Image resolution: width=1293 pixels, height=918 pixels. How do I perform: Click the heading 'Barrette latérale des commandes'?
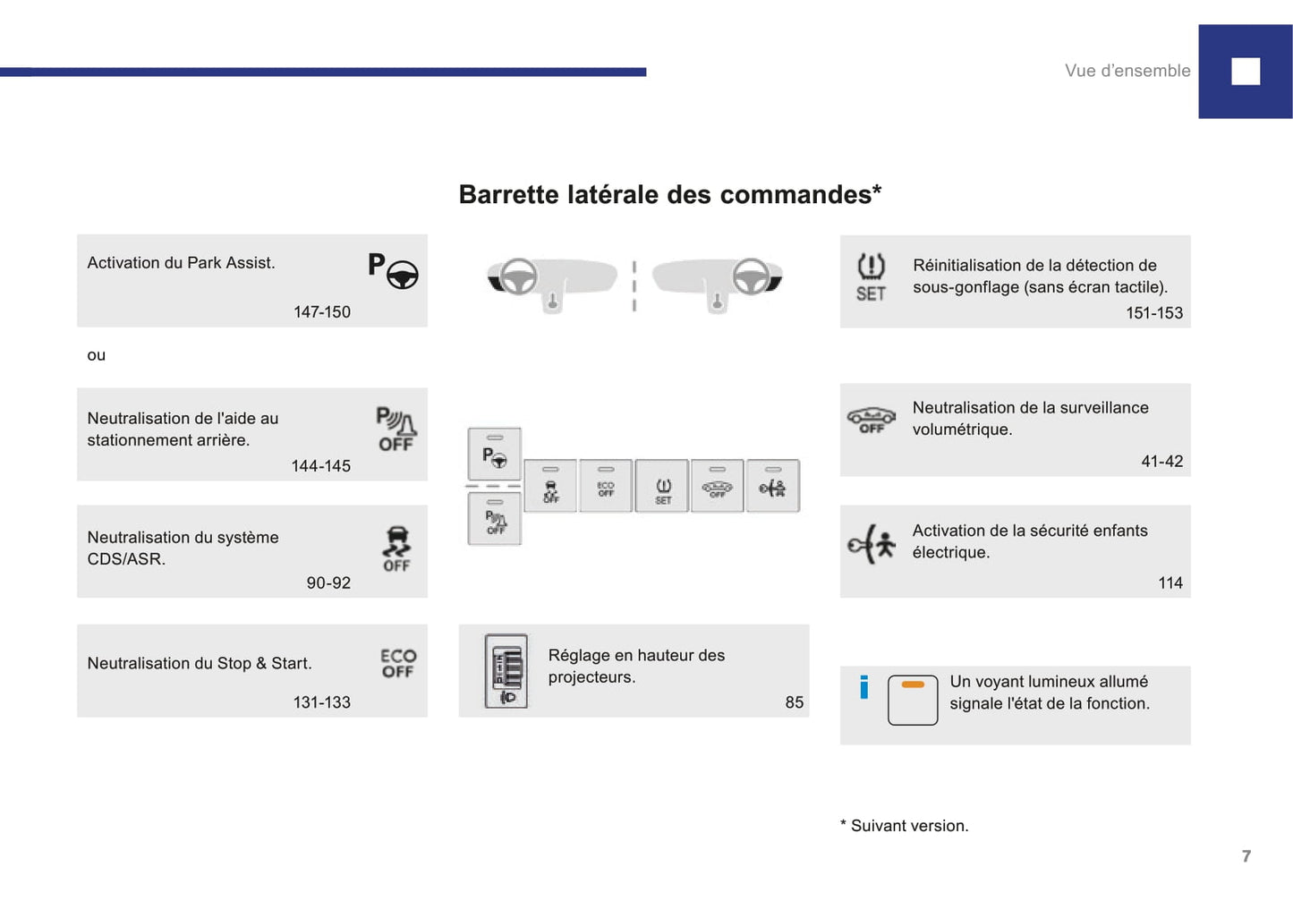point(669,195)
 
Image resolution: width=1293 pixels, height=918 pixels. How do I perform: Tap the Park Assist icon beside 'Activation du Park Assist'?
point(393,270)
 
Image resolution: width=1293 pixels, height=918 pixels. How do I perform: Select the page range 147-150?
point(322,312)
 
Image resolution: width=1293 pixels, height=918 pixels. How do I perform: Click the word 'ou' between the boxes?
point(97,355)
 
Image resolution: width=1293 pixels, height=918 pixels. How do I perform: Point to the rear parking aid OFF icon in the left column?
point(396,429)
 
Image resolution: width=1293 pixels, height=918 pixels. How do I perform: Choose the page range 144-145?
point(320,466)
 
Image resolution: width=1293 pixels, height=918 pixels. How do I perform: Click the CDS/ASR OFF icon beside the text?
point(396,548)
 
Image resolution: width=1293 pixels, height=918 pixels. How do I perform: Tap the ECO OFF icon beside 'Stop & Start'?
point(398,663)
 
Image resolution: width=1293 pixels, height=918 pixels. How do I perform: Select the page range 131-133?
point(322,702)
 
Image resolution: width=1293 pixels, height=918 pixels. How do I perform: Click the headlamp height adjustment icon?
point(506,671)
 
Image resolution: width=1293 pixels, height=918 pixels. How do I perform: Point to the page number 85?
point(795,702)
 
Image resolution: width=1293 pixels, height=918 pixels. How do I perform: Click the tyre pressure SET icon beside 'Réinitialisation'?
point(871,277)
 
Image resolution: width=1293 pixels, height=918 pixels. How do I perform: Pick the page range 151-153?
point(1154,313)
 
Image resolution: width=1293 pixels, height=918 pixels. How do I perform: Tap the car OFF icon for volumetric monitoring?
point(871,420)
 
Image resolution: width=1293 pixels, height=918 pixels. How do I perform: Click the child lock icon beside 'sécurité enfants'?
point(872,544)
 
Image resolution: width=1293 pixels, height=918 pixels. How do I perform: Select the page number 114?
point(1170,583)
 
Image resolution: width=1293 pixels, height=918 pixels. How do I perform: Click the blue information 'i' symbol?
point(863,687)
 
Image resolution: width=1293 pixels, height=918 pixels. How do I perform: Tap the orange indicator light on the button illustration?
point(913,684)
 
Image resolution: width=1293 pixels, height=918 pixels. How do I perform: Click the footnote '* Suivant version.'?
point(905,826)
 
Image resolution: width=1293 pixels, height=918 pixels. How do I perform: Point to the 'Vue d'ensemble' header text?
point(1127,71)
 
